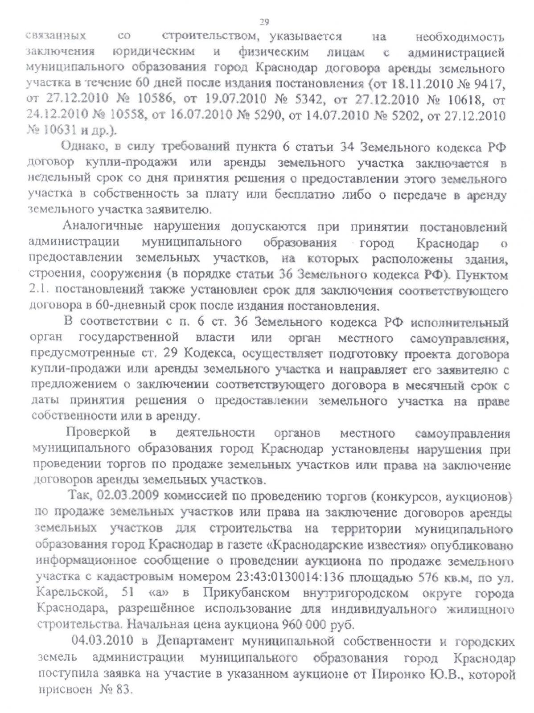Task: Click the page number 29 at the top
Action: pos(264,21)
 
